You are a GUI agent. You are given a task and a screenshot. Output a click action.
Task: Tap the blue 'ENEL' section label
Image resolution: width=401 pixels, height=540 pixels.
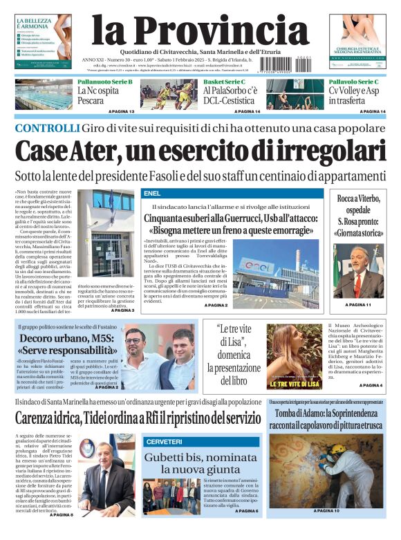(152, 194)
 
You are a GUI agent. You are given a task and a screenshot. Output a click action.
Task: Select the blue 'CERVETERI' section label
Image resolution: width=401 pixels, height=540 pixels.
(163, 441)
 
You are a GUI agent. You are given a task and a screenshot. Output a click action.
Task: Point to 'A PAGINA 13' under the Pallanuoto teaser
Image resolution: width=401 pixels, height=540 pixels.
(122, 111)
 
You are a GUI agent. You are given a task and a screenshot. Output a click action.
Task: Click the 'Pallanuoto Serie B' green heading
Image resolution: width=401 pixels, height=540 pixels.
(104, 82)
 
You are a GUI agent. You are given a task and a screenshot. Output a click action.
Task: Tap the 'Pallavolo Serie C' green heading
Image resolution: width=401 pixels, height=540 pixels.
(354, 82)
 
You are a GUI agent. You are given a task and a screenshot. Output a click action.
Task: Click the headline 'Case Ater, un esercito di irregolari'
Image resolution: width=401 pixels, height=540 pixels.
(200, 151)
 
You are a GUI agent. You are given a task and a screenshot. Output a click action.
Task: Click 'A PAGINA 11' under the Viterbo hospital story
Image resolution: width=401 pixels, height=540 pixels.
(359, 305)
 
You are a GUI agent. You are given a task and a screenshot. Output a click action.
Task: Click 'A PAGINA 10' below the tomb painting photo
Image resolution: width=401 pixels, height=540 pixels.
(326, 530)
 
